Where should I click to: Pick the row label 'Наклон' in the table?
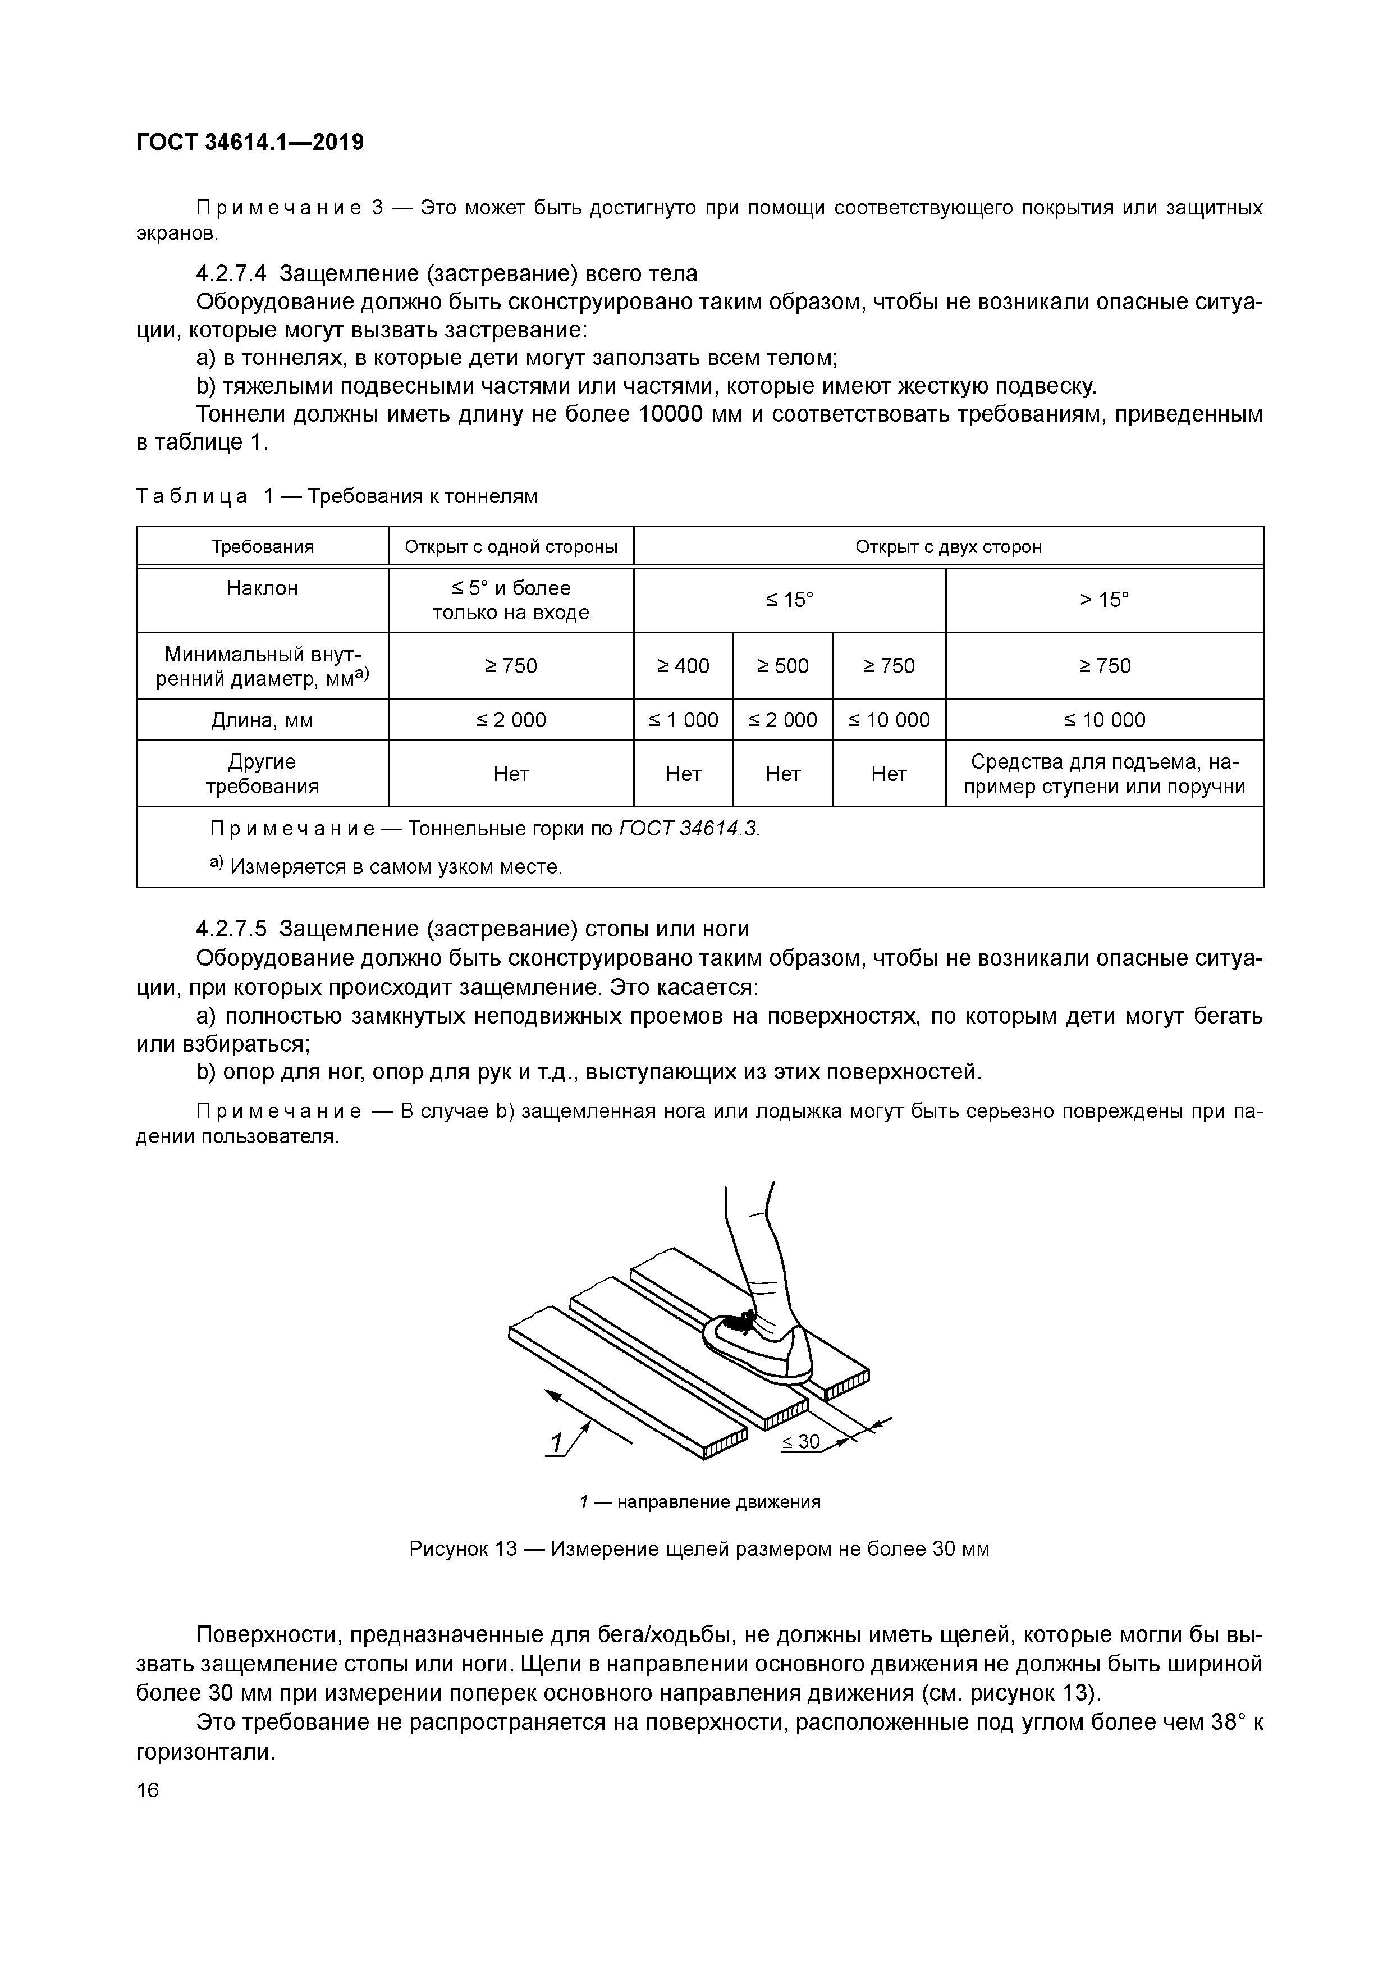(x=262, y=588)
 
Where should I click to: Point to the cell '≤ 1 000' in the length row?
(x=683, y=720)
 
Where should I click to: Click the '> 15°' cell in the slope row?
(x=1104, y=600)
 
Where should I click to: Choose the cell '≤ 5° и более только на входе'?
(x=511, y=600)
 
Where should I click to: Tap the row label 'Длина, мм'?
(x=262, y=720)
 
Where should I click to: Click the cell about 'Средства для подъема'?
(x=1104, y=774)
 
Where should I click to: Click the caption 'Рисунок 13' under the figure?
(x=464, y=1550)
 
